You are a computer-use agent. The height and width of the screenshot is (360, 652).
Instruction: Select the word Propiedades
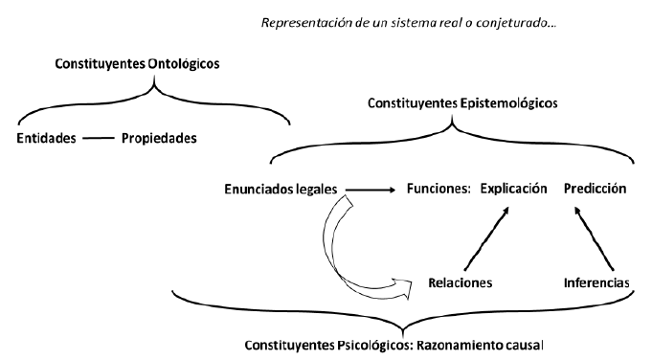tap(158, 138)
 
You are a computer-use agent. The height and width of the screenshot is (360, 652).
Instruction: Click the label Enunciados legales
tap(279, 189)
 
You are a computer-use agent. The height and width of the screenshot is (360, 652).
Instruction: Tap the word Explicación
tap(513, 189)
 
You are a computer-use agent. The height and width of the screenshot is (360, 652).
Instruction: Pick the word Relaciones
tap(461, 283)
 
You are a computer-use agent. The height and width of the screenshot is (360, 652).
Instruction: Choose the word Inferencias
tap(596, 283)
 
